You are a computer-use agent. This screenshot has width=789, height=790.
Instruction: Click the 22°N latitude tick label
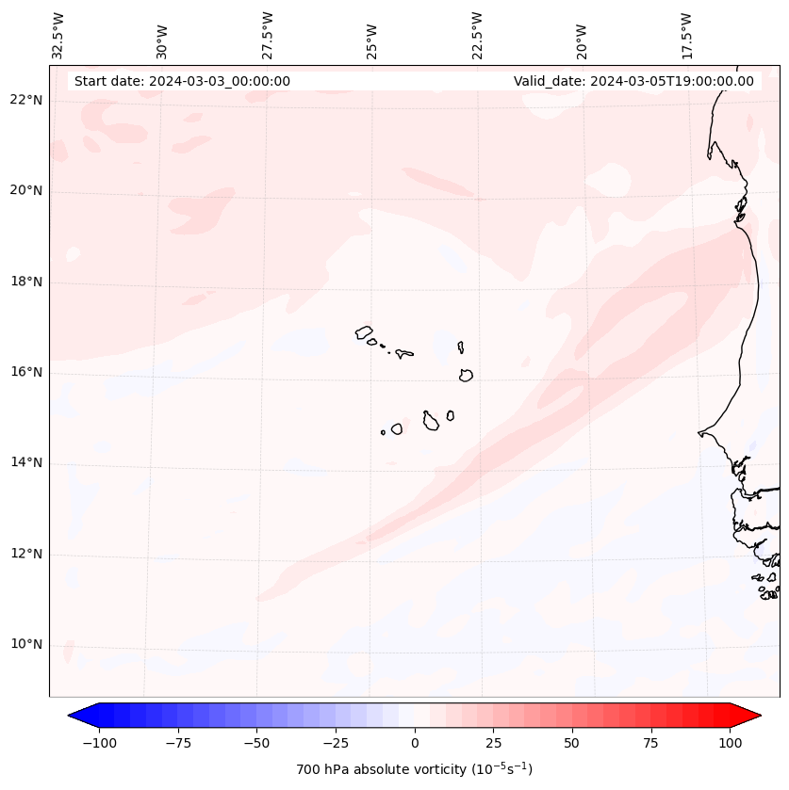coord(26,101)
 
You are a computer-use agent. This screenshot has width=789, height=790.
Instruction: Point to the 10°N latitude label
coord(26,645)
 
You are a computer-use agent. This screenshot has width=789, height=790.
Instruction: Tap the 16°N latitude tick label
coord(26,373)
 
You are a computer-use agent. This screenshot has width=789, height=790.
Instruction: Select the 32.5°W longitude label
coord(58,35)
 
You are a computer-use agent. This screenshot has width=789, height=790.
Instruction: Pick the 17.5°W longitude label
coord(686,35)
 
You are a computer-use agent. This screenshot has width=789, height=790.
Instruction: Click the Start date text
coord(182,81)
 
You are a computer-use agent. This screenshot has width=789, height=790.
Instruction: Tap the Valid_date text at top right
coord(633,81)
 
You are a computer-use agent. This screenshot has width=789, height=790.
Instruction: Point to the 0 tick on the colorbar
coord(415,743)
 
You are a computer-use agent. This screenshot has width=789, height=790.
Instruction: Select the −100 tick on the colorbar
coord(99,743)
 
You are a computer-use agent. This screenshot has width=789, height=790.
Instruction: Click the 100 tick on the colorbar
coord(730,743)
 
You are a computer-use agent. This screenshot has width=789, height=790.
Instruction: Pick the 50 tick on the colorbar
coord(572,743)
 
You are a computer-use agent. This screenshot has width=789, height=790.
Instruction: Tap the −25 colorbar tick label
coord(335,743)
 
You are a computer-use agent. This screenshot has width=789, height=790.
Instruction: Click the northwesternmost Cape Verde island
coord(364,332)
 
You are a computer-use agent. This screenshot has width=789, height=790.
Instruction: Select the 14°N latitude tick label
coord(26,463)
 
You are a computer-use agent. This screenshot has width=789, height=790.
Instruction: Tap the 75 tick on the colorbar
coord(650,743)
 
